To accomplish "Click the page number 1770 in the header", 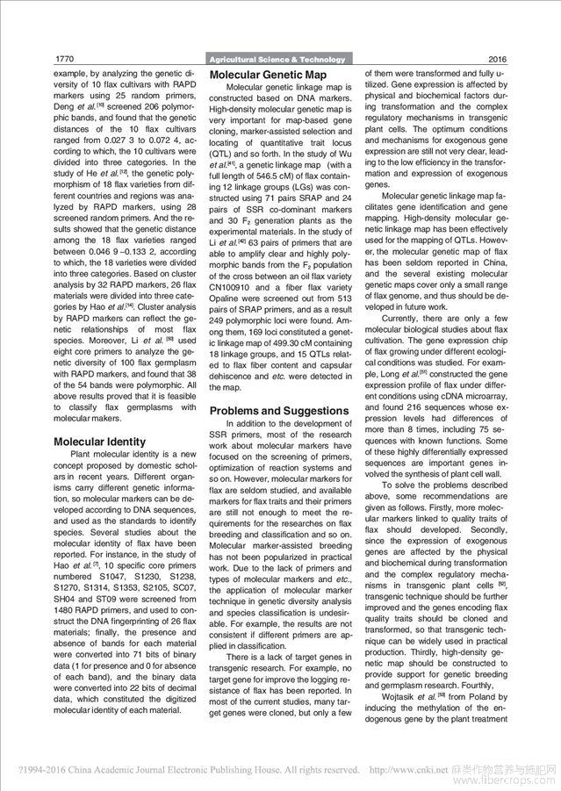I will pyautogui.click(x=64, y=59).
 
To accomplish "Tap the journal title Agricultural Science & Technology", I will pyautogui.click(x=278, y=60).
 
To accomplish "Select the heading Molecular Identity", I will pyautogui.click(x=100, y=442).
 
